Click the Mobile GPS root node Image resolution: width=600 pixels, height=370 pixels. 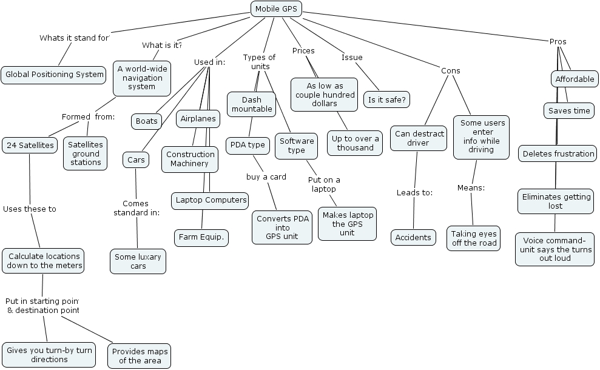point(276,8)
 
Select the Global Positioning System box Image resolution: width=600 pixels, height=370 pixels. point(55,75)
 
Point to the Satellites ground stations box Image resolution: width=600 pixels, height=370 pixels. point(85,153)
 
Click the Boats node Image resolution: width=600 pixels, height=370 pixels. point(146,121)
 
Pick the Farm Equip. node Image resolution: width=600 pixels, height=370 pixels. point(201,237)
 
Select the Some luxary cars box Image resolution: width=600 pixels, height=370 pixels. point(138,261)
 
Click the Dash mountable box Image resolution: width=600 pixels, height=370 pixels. point(252,104)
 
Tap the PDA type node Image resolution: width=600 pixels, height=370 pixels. point(248,145)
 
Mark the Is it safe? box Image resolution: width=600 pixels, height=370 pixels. point(386,99)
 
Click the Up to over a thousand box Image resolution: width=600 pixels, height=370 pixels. point(355,143)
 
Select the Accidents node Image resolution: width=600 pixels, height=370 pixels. point(413,238)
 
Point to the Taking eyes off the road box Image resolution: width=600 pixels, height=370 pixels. point(474,238)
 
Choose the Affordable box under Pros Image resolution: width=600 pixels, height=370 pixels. point(575,79)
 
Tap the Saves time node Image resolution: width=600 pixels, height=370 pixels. point(568,110)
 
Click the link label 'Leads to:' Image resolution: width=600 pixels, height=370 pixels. point(414,193)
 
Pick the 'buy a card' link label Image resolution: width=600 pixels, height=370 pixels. point(266,177)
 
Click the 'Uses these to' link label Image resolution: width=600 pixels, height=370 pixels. point(30,209)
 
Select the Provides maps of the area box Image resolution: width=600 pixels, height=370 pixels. point(140,356)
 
